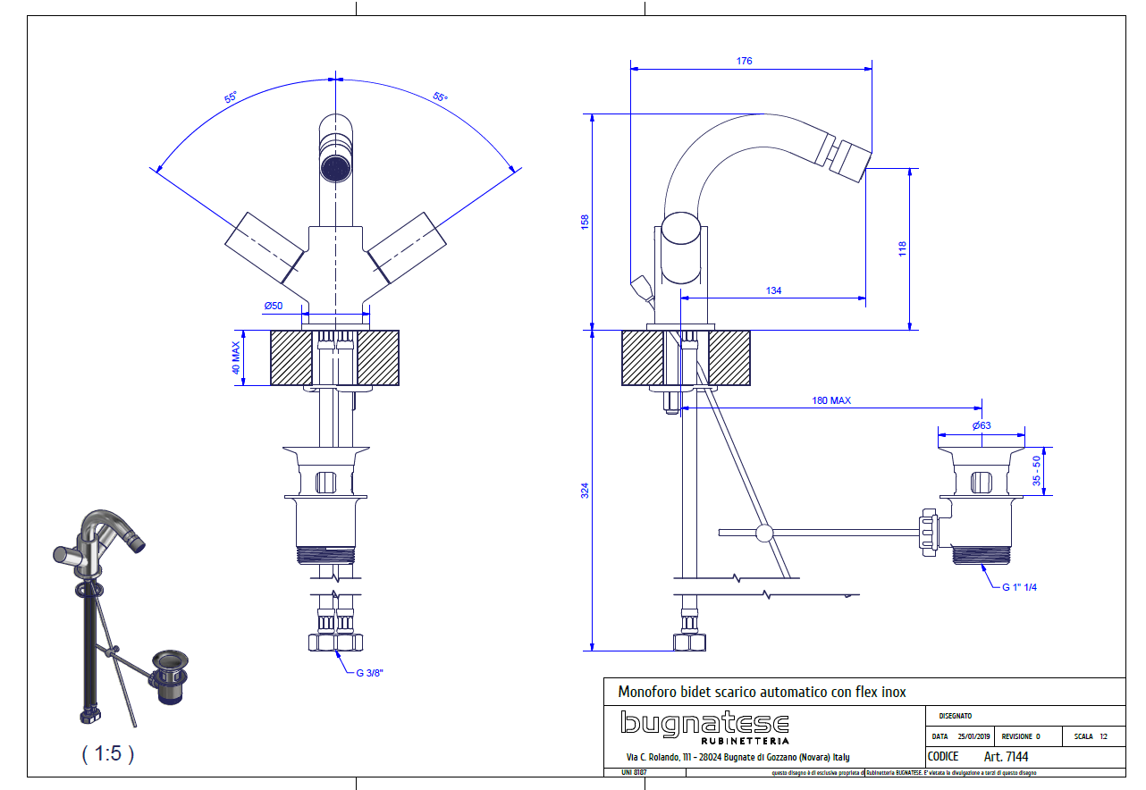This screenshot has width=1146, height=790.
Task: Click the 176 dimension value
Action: coord(744,62)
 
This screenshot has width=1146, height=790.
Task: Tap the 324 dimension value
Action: coord(585,490)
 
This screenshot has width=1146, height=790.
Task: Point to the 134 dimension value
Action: coord(774,290)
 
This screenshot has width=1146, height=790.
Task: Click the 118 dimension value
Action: coord(902,249)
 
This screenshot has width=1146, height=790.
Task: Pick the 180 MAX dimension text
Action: coord(830,400)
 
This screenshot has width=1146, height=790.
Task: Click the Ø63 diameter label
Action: coord(981,425)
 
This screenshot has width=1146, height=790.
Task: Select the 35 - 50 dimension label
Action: coord(1037,471)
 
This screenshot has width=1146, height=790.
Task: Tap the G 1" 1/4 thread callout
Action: coord(1019,587)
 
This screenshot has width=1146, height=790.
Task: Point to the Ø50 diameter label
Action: coord(273,306)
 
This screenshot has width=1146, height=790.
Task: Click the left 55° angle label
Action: coord(231,97)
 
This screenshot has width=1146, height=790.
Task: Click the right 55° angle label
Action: coord(441,97)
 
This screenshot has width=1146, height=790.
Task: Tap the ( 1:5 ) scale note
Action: coord(108,753)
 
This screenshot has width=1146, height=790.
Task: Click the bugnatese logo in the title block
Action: coord(705,726)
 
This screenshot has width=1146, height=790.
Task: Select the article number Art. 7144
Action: coord(1006,757)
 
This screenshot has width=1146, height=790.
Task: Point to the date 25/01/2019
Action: coord(974,737)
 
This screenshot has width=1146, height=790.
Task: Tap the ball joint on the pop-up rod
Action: coord(763,534)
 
